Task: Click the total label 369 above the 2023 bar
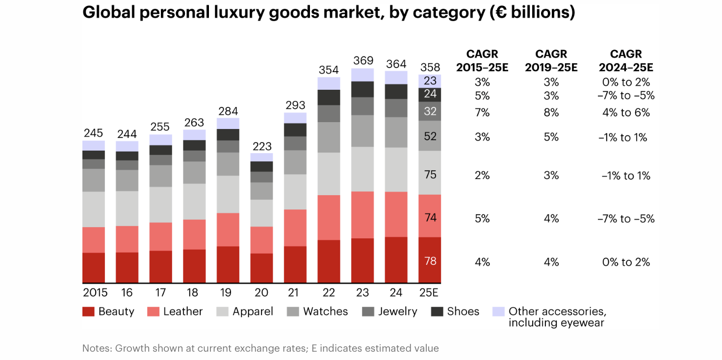[x=363, y=61]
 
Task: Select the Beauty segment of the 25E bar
[x=430, y=260]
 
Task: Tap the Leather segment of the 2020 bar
[x=262, y=240]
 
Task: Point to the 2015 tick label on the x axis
[x=95, y=293]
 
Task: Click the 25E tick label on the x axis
[x=430, y=293]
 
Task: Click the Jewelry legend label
[x=397, y=311]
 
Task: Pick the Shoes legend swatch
[x=438, y=311]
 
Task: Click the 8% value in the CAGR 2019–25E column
[x=551, y=113]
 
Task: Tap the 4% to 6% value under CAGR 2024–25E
[x=626, y=113]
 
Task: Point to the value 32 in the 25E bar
[x=430, y=111]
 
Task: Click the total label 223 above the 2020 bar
[x=262, y=146]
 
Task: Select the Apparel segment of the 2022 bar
[x=329, y=174]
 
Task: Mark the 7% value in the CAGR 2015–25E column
[x=482, y=113]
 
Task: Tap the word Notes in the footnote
[x=97, y=348]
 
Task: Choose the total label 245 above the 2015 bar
[x=93, y=133]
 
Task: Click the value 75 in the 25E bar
[x=430, y=174]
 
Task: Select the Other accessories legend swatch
[x=498, y=311]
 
